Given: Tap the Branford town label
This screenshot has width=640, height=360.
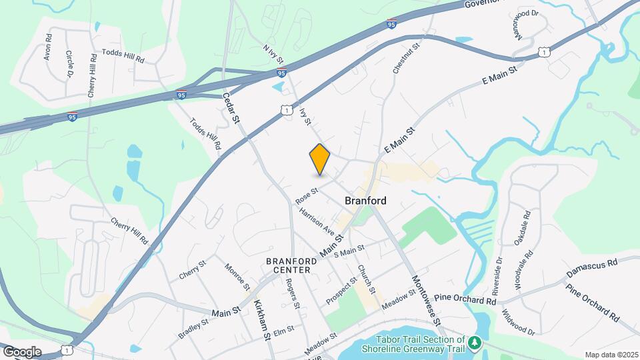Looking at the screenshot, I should [365, 200].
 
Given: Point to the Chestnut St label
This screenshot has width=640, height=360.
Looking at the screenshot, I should [405, 59].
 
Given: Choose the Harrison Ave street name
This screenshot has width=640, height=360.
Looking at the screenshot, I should [317, 221].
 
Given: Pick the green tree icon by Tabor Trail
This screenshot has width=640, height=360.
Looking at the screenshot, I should [475, 343].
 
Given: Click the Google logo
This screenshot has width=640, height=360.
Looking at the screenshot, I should [21, 351].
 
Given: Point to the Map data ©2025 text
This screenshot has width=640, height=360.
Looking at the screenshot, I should [611, 355].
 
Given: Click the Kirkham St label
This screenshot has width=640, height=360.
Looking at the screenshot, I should [262, 321].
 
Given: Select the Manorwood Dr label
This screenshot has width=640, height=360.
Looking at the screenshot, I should [525, 24].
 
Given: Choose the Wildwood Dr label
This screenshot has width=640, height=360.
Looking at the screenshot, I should [519, 322].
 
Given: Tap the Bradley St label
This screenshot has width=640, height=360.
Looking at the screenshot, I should [193, 328].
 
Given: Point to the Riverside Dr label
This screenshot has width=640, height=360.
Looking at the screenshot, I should [496, 275].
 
